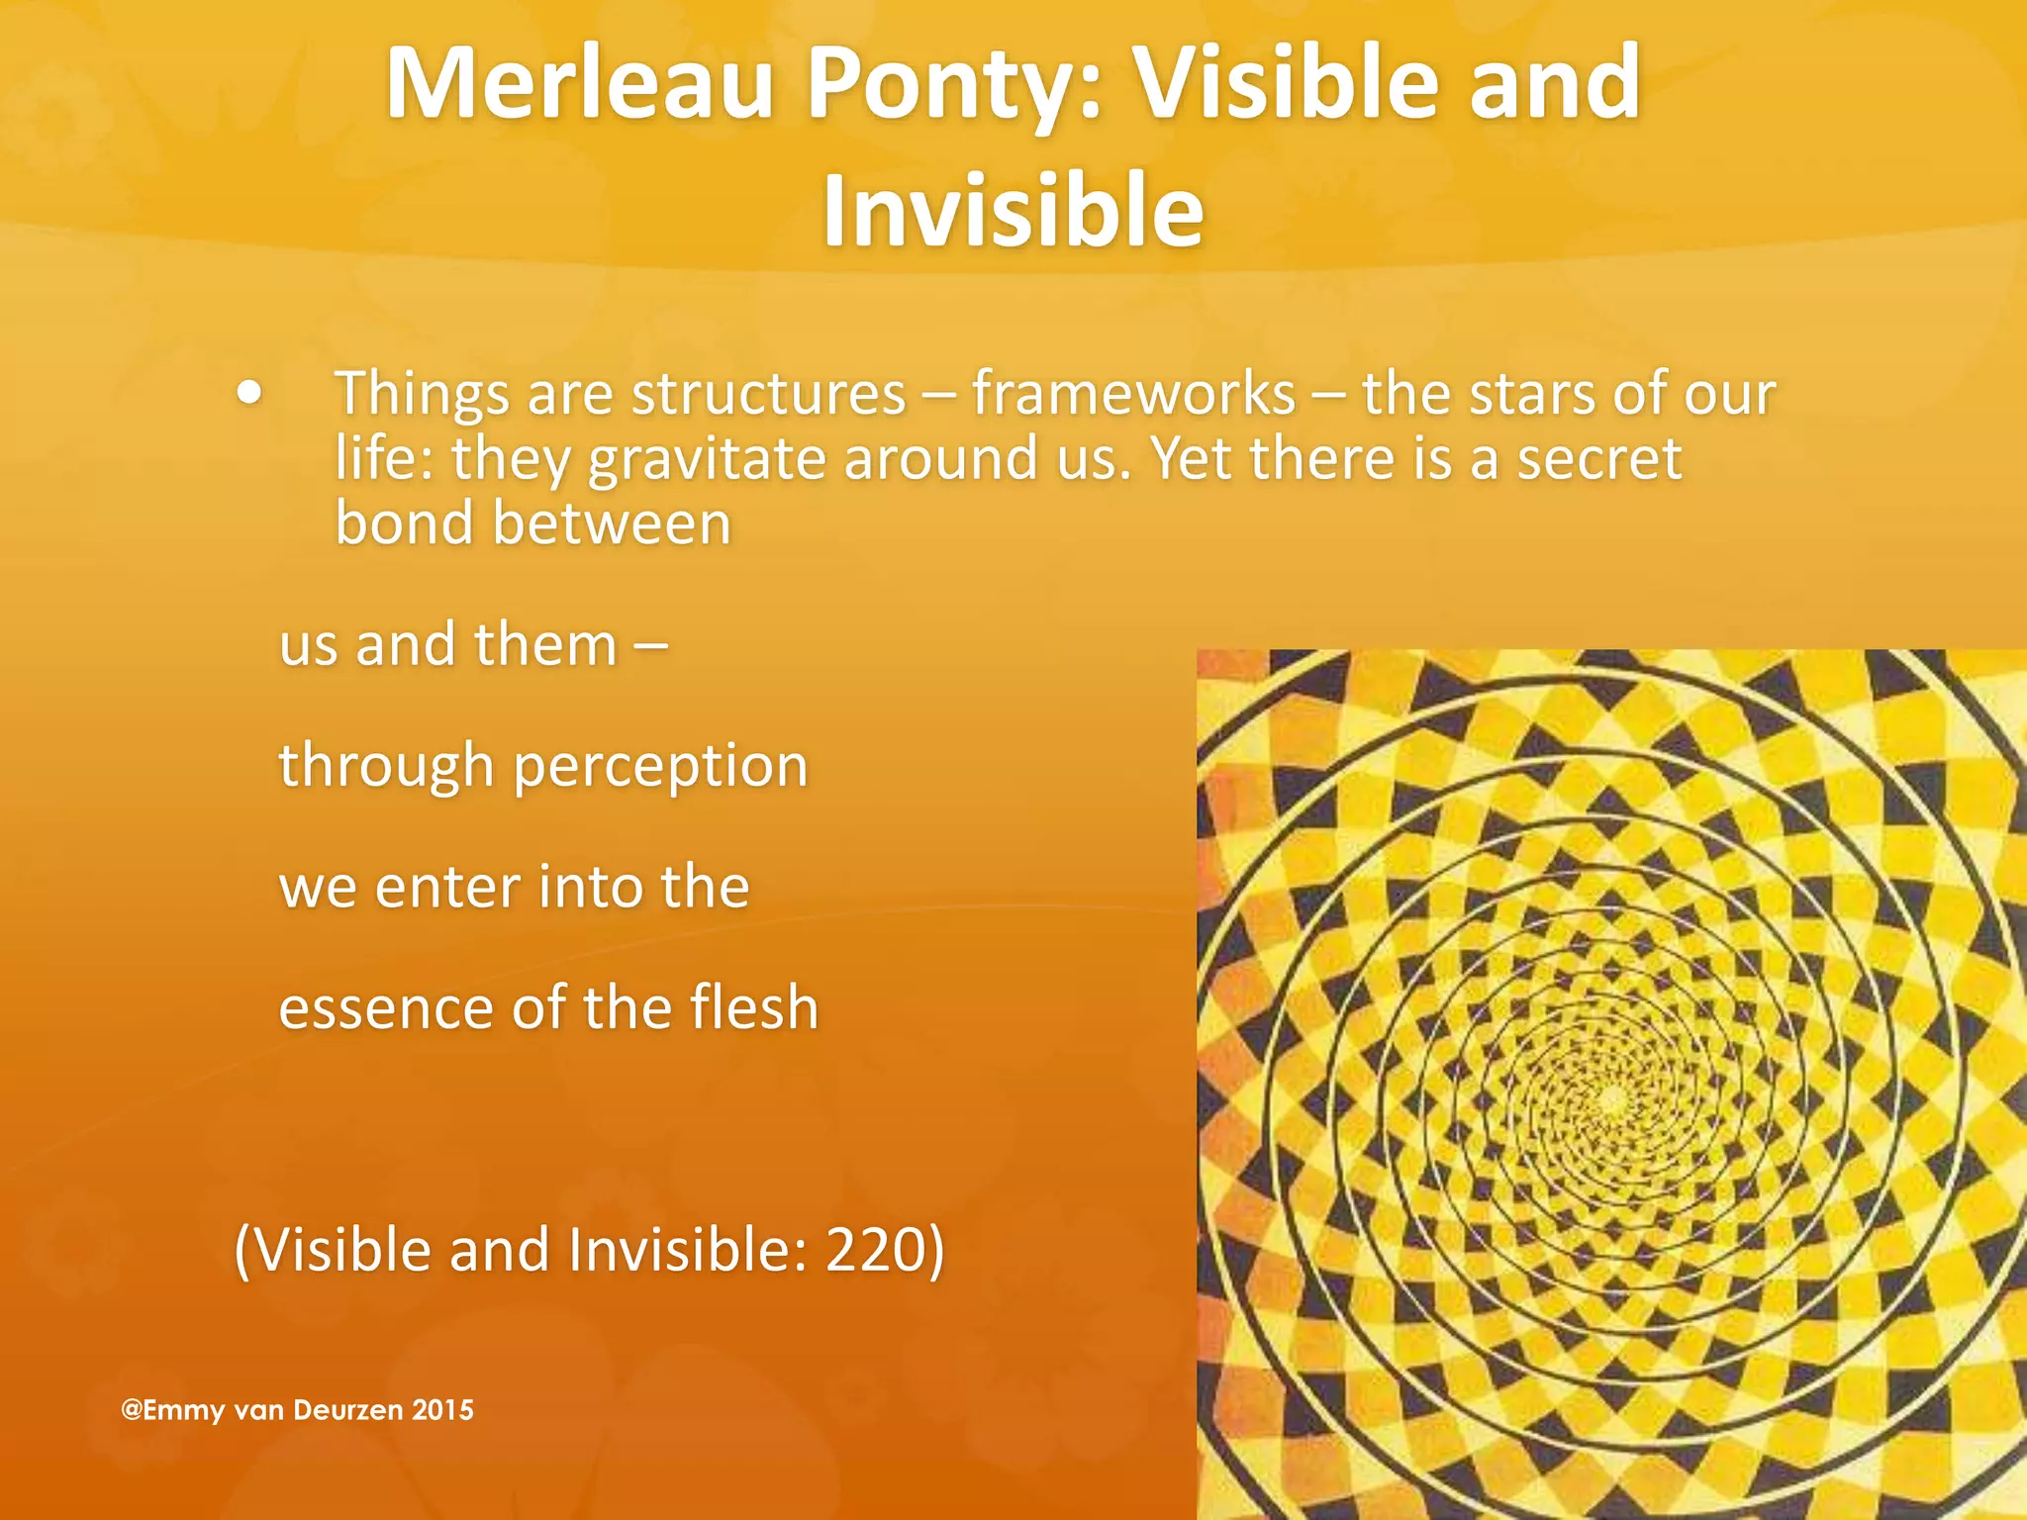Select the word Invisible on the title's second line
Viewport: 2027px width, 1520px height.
tap(1013, 211)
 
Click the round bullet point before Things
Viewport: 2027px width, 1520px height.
tap(250, 394)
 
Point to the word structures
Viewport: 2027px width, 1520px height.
tap(768, 394)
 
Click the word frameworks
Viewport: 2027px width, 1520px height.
tap(1133, 394)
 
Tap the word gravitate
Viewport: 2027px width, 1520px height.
tap(707, 460)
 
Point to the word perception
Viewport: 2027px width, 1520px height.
tap(660, 767)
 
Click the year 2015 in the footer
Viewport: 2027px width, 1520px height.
tap(442, 1410)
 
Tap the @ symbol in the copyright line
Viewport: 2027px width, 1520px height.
tap(132, 1410)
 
